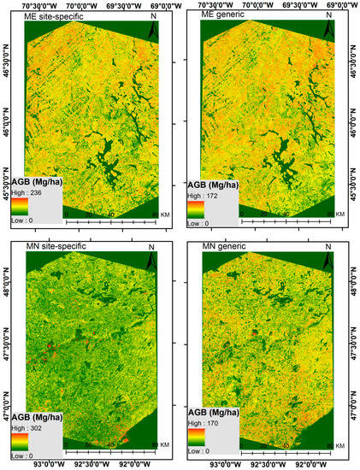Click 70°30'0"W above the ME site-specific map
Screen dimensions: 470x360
(43, 5)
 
